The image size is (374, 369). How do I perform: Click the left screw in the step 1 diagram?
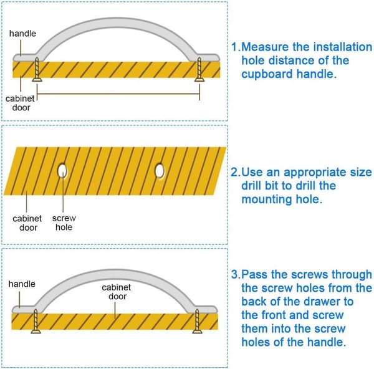coord(37,69)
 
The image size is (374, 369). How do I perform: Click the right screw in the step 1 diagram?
coord(199,69)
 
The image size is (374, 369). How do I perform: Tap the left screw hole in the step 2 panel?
coord(62,171)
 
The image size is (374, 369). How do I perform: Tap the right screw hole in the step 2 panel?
coord(160,171)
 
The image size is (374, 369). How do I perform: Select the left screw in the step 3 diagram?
coord(36,321)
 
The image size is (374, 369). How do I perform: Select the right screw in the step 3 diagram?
coord(197,321)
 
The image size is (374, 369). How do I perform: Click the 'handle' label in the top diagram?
coord(22,34)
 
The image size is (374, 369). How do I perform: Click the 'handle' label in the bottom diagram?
coord(22,284)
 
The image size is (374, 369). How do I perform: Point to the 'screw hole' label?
coord(64,223)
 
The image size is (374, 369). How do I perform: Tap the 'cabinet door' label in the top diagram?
coord(21,103)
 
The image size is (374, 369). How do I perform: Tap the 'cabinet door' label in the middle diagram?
coord(27,223)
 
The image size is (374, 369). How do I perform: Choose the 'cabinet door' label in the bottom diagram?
coord(117,292)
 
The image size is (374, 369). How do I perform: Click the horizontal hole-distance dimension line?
coord(118,93)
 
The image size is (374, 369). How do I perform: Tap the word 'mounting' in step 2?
coord(267,199)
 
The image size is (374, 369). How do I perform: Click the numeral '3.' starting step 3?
coord(236,274)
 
